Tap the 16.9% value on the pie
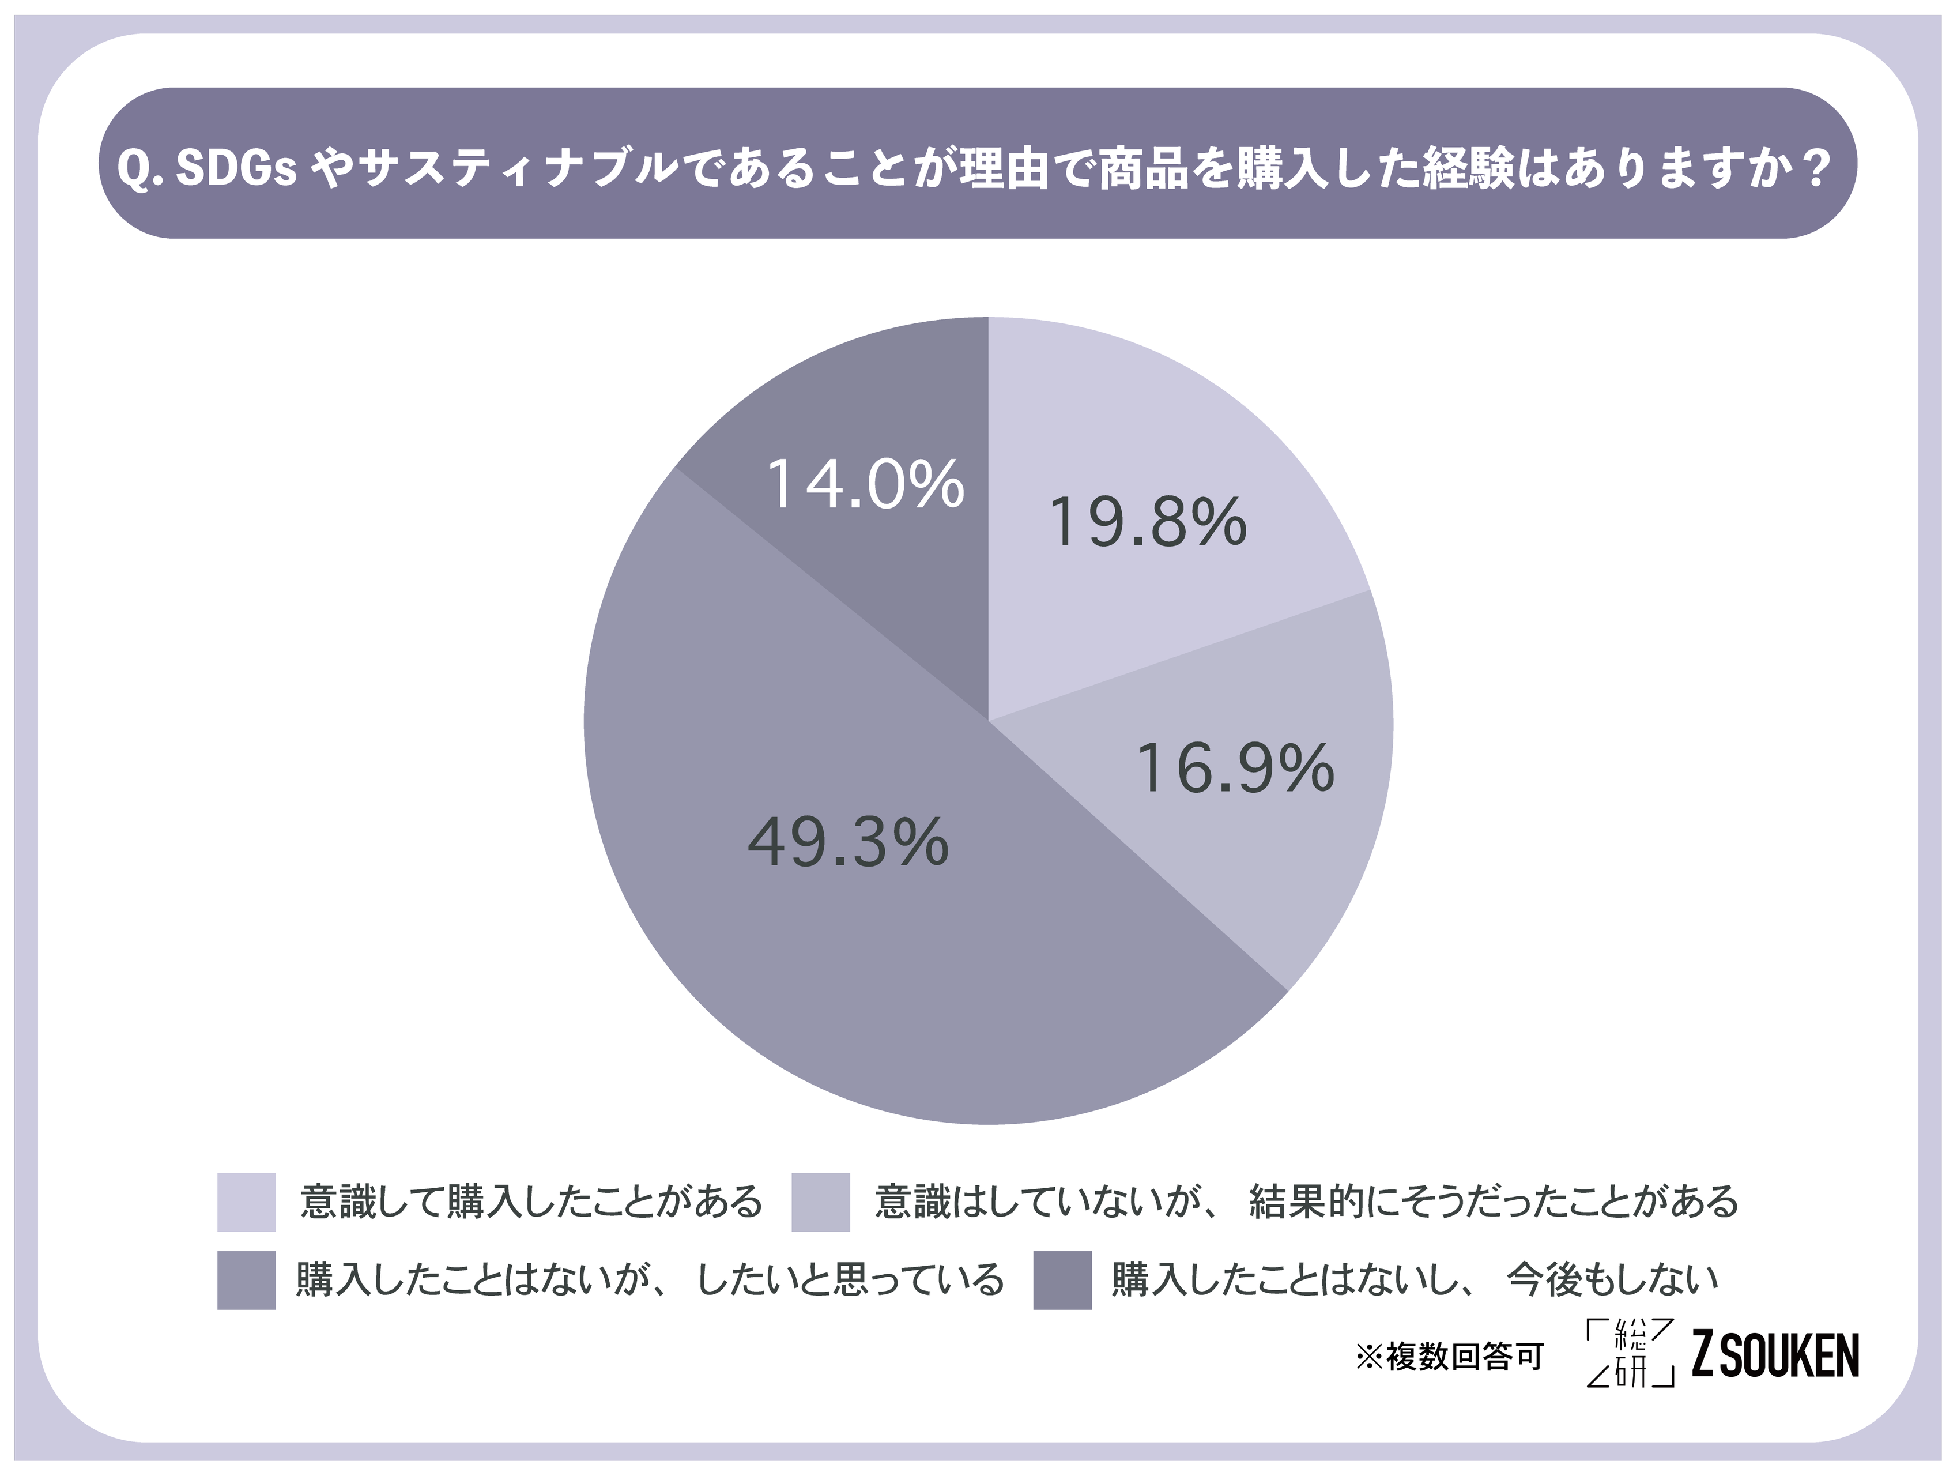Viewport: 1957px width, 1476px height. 1234,768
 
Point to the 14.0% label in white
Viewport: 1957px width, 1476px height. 865,484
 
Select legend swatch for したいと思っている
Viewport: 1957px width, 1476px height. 246,1279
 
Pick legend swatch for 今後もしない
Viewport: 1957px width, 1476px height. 1062,1279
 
